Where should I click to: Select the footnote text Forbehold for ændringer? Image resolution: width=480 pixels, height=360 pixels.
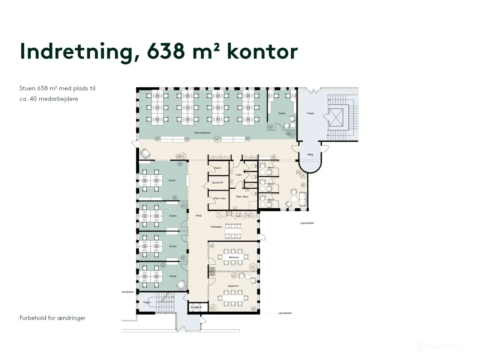52,318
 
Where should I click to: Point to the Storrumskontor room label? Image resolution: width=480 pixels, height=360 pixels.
202,133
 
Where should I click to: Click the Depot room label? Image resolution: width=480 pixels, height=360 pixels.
217,168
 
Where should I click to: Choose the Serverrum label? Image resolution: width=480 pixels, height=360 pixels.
217,183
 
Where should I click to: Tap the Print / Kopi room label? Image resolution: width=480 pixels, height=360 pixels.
219,198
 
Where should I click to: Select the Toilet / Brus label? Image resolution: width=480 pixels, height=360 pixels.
241,196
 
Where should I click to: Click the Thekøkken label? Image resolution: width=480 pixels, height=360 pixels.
216,227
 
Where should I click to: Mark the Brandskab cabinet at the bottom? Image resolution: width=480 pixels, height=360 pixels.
196,307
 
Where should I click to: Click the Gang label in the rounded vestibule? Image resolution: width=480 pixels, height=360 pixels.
310,154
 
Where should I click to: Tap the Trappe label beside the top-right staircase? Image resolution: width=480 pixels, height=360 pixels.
310,113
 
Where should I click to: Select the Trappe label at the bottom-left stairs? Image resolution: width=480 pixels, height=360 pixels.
147,302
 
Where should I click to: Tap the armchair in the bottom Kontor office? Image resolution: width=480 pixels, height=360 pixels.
182,285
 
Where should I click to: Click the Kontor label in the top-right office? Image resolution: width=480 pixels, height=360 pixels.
282,113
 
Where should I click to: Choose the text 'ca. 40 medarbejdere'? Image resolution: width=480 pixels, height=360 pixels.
49,99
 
